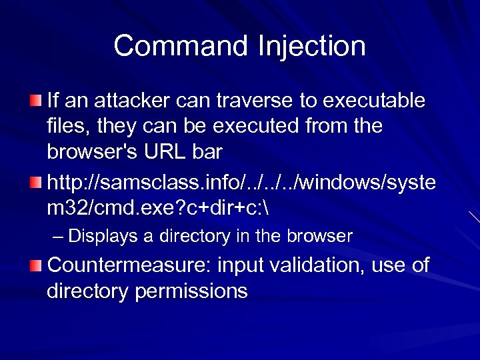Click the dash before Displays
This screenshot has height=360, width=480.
[58, 236]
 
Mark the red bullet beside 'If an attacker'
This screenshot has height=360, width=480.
[35, 101]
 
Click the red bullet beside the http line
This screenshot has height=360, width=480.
[35, 181]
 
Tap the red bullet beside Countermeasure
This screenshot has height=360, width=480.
[35, 265]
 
